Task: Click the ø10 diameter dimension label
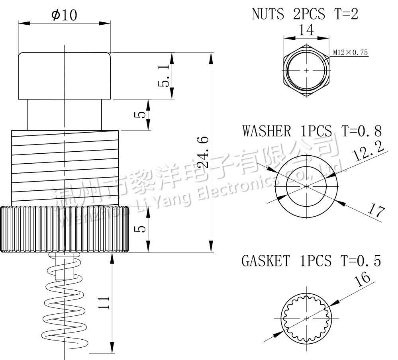pos(64,15)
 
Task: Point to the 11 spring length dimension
pos(103,303)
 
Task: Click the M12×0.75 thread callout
pos(350,52)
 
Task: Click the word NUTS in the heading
pos(268,14)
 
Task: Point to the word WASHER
pos(267,131)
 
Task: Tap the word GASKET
pos(265,261)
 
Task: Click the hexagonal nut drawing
pos(306,70)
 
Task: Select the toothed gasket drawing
pos(306,318)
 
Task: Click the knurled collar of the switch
pos(64,229)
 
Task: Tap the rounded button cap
pos(64,76)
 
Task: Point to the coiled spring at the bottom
pos(64,303)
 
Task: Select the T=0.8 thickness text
pos(361,131)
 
